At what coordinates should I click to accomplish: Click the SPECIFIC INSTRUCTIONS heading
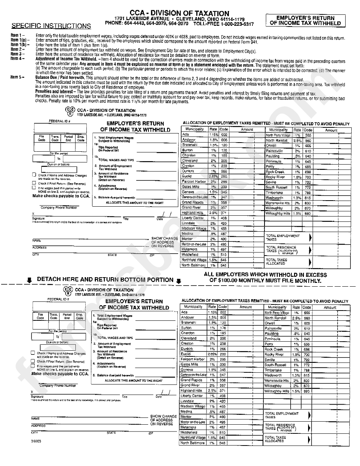point(51,26)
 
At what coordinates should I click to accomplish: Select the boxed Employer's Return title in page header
point(305,20)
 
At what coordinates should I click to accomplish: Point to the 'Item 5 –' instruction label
point(17,77)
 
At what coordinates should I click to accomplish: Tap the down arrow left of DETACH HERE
point(29,280)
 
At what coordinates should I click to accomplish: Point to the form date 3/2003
point(37,441)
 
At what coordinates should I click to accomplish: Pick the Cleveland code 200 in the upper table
point(224,160)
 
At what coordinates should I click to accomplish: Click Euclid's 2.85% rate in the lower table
point(212,354)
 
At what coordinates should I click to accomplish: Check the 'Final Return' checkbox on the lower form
point(33,362)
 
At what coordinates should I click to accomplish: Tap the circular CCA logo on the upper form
point(70,112)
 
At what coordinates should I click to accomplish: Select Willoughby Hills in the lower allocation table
point(277,391)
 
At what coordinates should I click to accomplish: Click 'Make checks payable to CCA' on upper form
point(61,196)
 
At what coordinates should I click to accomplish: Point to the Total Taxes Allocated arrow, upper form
point(310,262)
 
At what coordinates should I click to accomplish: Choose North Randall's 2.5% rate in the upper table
point(297,140)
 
